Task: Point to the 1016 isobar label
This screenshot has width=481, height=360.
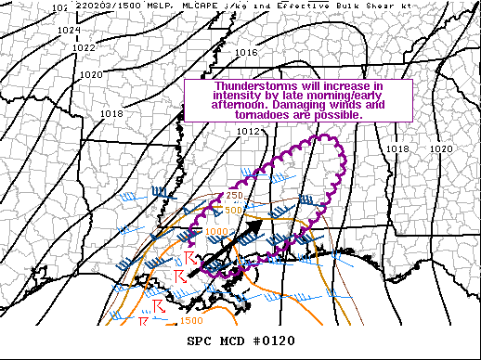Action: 246,53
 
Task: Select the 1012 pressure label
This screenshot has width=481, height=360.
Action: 246,132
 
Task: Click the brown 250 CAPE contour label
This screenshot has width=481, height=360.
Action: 233,196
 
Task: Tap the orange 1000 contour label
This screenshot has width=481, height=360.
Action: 215,232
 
